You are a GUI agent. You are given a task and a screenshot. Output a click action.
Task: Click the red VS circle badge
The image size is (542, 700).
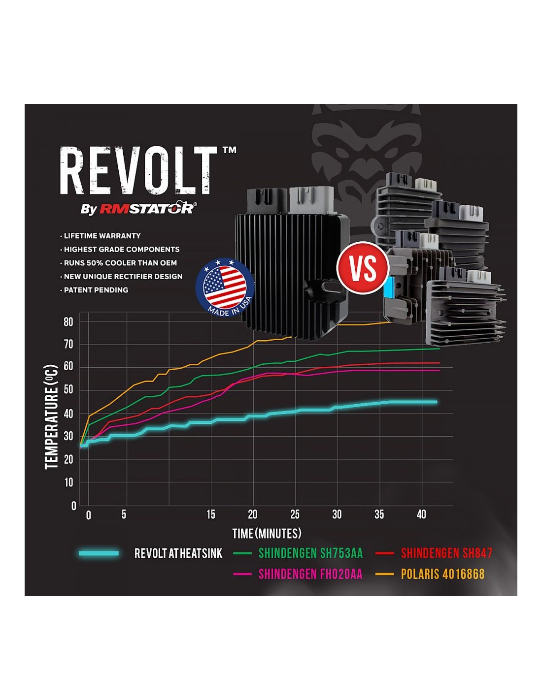pyautogui.click(x=363, y=267)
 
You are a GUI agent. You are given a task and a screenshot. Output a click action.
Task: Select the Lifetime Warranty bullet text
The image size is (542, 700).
pyautogui.click(x=101, y=236)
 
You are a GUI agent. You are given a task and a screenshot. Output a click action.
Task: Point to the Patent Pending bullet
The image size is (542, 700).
pyautogui.click(x=94, y=290)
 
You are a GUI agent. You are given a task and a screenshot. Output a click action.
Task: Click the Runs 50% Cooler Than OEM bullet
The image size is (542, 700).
pyautogui.click(x=119, y=263)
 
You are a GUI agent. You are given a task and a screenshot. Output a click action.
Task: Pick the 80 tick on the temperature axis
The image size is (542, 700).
pyautogui.click(x=68, y=322)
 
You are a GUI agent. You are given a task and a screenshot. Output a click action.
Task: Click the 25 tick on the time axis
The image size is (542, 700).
pyautogui.click(x=295, y=514)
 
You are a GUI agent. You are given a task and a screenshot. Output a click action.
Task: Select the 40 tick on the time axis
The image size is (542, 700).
pyautogui.click(x=421, y=514)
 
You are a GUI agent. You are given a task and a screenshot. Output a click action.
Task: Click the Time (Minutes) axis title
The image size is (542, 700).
pyautogui.click(x=267, y=534)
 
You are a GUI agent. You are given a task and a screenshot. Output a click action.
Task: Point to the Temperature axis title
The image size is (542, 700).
pyautogui.click(x=51, y=416)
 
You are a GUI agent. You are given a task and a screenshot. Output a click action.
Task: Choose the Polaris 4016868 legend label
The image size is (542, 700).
pyautogui.click(x=442, y=573)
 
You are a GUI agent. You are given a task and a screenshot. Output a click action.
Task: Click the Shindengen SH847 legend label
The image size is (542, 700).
pyautogui.click(x=446, y=553)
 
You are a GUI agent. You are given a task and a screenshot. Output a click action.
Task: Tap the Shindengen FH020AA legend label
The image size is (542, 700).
pyautogui.click(x=310, y=573)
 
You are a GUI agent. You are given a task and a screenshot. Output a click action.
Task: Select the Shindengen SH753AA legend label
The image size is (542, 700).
pyautogui.click(x=311, y=553)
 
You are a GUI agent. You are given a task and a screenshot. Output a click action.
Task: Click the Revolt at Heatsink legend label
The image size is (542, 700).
pyautogui.click(x=178, y=553)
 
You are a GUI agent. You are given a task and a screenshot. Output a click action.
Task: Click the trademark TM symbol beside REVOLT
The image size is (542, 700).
pyautogui.click(x=229, y=150)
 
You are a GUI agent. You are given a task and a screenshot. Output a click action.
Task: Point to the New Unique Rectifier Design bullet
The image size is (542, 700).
pyautogui.click(x=121, y=276)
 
